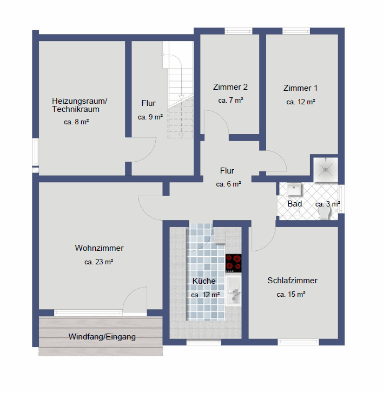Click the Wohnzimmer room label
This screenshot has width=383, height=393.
(x=99, y=248)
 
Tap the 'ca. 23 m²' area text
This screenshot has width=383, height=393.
(x=99, y=262)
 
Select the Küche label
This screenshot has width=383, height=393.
(x=204, y=281)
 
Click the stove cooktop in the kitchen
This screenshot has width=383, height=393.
(x=233, y=263)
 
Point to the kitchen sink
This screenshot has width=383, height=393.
(x=234, y=291)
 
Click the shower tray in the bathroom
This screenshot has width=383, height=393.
(x=326, y=170)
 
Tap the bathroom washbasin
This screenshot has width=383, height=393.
(x=294, y=189)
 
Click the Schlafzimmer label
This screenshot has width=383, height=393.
(x=292, y=280)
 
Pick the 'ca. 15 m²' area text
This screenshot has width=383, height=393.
(x=291, y=294)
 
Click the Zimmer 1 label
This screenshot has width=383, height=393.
(x=300, y=88)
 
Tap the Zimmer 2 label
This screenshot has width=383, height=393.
(x=230, y=87)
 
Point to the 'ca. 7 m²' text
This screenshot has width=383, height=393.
(x=230, y=100)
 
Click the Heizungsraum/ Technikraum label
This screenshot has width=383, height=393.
(x=80, y=105)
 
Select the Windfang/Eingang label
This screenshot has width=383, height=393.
(x=102, y=337)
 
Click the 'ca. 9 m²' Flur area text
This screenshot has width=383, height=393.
(x=150, y=117)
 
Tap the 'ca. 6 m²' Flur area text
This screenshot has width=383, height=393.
(x=228, y=184)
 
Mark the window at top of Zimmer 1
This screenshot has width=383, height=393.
(x=296, y=31)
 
